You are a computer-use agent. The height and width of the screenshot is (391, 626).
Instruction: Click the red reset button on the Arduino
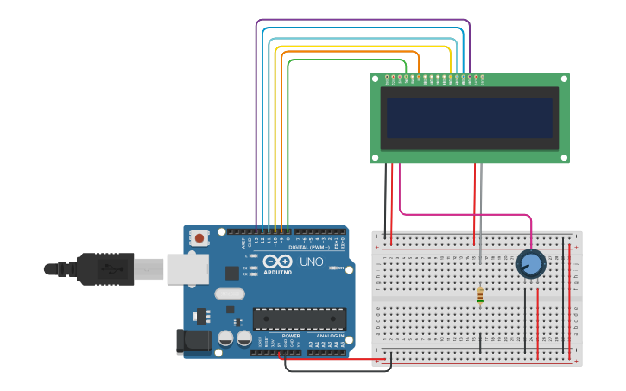coord(199,237)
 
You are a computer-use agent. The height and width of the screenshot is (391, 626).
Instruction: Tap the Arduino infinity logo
coord(278,261)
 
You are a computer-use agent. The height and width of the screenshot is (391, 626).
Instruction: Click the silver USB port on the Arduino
coord(187,269)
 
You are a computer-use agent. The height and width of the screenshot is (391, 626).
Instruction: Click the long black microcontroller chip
coord(299,318)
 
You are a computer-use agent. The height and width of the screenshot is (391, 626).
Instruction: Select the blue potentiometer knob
coord(531,264)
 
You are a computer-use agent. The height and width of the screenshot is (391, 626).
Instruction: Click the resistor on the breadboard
coord(480,296)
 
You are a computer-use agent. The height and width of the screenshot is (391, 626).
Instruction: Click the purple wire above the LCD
coord(363,20)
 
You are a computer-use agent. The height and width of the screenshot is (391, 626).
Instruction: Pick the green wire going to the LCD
coord(345,60)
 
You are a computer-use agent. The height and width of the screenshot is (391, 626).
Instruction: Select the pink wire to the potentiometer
coord(466,214)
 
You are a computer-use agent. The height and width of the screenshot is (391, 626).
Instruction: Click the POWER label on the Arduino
coord(291,336)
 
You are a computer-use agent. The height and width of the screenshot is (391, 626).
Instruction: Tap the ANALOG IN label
coord(329,336)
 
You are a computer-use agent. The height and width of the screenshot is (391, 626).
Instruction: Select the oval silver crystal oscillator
coord(230,293)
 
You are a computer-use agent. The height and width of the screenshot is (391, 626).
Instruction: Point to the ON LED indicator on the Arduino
coord(335,268)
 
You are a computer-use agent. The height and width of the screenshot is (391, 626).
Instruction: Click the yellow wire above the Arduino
coord(363,47)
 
